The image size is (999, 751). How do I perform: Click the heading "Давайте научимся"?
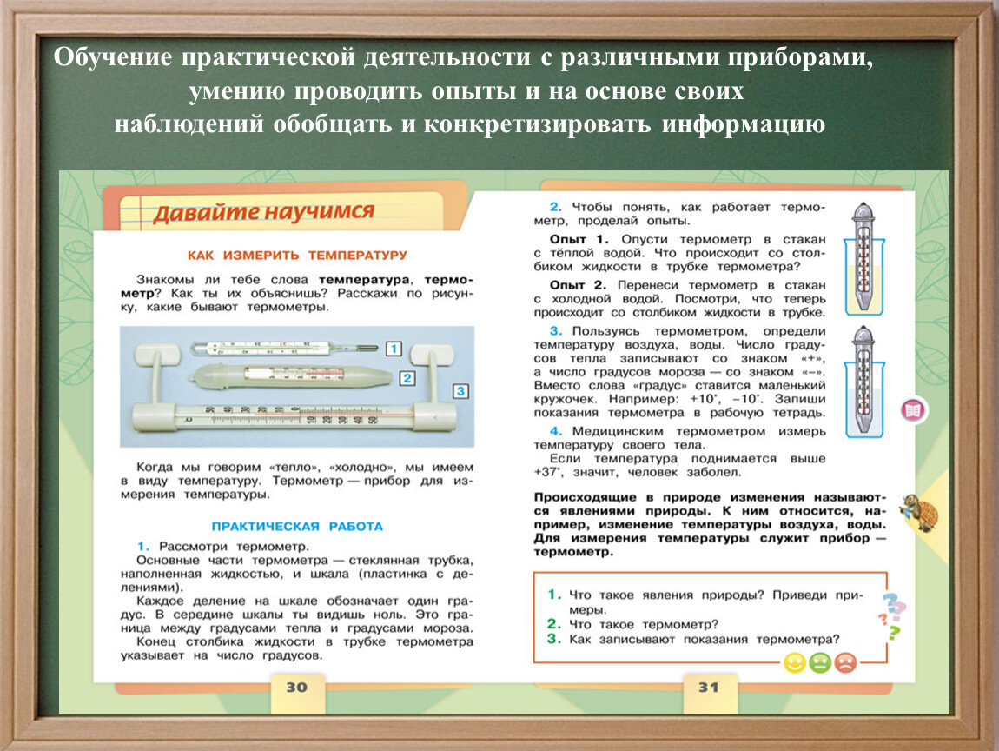pos(263,212)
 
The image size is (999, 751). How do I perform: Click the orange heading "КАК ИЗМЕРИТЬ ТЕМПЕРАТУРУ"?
pos(297,255)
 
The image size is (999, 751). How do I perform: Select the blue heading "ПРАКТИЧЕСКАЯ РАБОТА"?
pos(297,527)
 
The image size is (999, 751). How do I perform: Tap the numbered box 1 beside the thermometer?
pos(394,348)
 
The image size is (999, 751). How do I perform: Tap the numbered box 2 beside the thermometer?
pos(407,378)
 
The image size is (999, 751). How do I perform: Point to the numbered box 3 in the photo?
pos(460,391)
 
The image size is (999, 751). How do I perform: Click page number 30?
pos(296,688)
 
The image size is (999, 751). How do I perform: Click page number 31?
pos(709,688)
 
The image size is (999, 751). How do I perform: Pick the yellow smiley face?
pos(795,663)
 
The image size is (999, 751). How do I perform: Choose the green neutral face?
pos(820,663)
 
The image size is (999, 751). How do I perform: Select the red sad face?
pos(845,663)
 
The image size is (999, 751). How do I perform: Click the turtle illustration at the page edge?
pos(919,512)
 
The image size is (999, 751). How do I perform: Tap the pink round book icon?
pos(913,410)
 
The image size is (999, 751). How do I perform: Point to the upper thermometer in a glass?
pos(864,259)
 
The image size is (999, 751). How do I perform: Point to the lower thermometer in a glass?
pos(864,382)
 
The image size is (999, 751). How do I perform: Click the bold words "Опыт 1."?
pos(579,240)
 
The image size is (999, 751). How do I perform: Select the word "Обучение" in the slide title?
pos(113,56)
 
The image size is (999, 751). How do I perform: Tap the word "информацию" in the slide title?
pos(744,123)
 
